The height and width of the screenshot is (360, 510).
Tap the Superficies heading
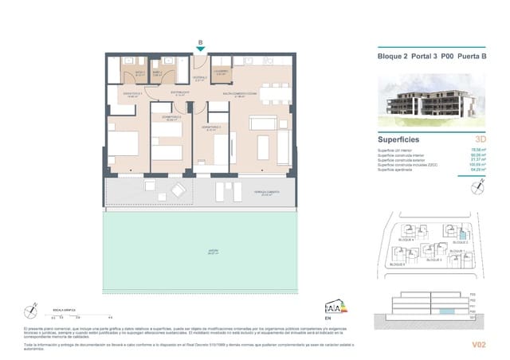(x=400, y=138)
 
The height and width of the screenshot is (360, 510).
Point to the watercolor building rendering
(x=433, y=102)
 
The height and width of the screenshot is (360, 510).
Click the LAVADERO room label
(x=222, y=72)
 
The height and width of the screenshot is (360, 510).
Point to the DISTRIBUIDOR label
(x=180, y=94)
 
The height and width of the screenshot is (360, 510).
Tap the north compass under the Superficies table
(x=477, y=188)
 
